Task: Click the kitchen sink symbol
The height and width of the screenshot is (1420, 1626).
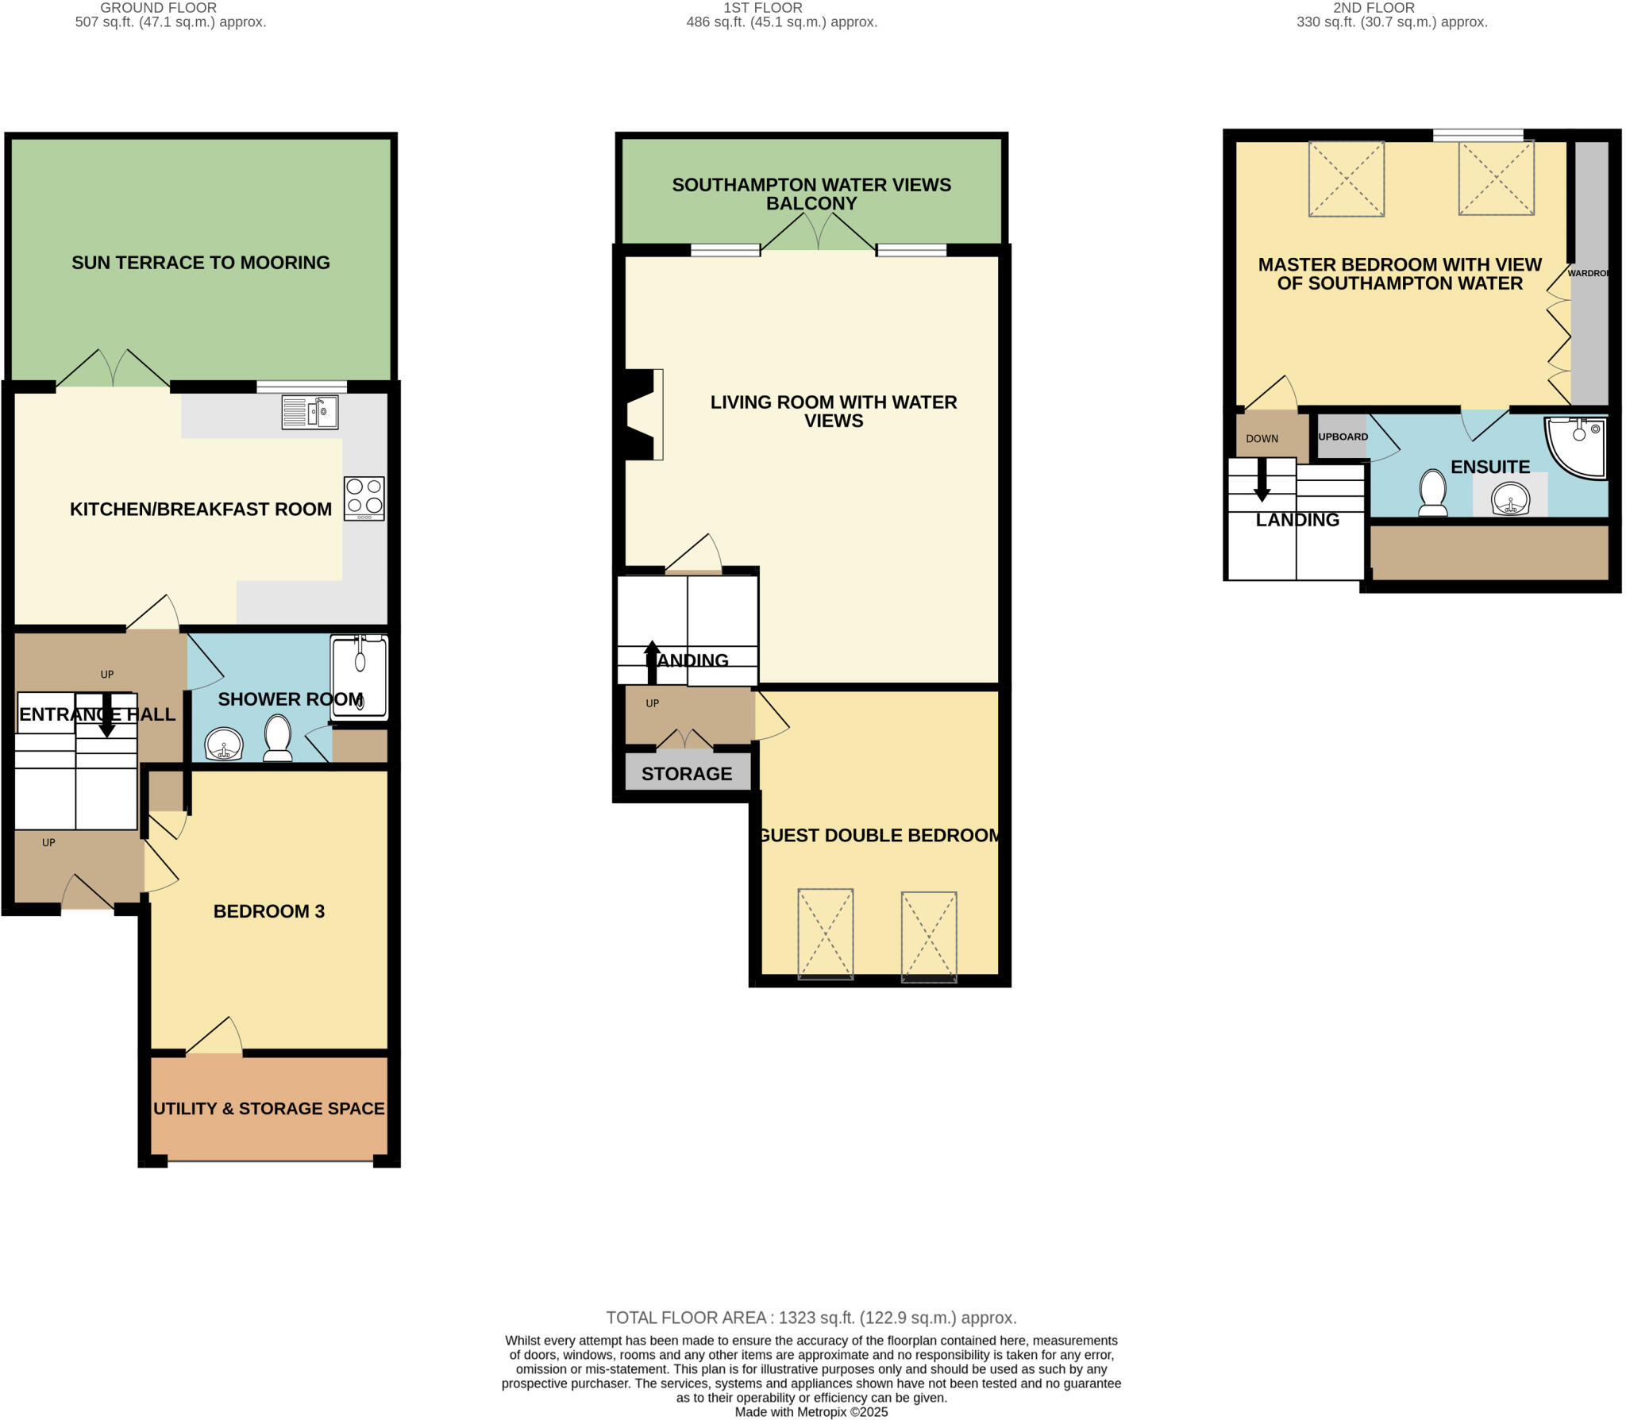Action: point(310,413)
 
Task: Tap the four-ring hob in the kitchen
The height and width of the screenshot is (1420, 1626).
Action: point(364,498)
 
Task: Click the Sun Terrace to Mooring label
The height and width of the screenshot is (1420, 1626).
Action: point(200,263)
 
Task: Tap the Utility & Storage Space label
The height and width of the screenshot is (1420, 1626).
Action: point(268,1109)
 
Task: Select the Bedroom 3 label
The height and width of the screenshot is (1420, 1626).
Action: point(268,911)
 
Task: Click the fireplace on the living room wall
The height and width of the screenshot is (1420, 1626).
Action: point(643,414)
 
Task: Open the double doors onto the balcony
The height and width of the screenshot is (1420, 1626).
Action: point(818,234)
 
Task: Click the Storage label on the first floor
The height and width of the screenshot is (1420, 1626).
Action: point(687,774)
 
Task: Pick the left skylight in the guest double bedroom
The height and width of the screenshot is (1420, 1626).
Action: point(825,934)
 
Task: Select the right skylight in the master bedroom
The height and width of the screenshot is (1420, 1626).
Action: point(1496,179)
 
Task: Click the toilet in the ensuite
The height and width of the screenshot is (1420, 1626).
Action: point(1432,493)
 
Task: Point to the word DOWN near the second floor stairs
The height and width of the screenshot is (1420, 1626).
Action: point(1262,439)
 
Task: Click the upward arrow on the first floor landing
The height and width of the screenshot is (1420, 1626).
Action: point(652,661)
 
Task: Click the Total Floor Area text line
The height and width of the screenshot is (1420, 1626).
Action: point(811,1318)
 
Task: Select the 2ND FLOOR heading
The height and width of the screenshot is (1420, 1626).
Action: point(1373,8)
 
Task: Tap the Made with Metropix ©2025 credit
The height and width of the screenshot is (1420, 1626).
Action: point(811,1412)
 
